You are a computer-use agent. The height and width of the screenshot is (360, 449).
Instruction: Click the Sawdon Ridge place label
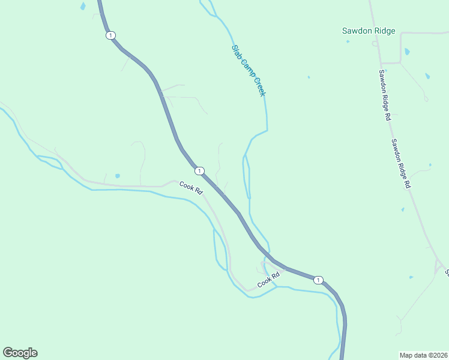pyautogui.click(x=369, y=31)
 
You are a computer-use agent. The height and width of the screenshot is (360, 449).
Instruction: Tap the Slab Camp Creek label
pyautogui.click(x=249, y=70)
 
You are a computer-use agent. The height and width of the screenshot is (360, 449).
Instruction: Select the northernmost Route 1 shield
pyautogui.click(x=110, y=35)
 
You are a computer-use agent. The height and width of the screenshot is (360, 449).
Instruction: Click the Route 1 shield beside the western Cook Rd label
pyautogui.click(x=199, y=170)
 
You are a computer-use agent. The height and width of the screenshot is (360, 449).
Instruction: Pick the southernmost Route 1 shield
pyautogui.click(x=318, y=280)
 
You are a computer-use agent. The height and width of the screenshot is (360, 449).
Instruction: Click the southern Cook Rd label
pyautogui.click(x=269, y=279)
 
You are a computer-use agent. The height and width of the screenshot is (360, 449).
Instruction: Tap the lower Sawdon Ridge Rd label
pyautogui.click(x=400, y=164)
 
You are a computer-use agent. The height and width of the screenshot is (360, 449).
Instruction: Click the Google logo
pyautogui.click(x=20, y=353)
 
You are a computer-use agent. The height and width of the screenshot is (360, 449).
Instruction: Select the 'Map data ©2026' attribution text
pyautogui.click(x=423, y=355)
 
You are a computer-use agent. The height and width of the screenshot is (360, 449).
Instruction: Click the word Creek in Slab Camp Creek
pyautogui.click(x=259, y=85)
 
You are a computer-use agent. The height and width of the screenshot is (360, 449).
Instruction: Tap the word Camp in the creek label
pyautogui.click(x=246, y=67)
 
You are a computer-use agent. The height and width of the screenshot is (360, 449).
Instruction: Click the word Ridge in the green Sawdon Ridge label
pyautogui.click(x=384, y=31)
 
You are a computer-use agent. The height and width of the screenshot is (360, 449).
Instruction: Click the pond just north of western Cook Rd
pyautogui.click(x=117, y=176)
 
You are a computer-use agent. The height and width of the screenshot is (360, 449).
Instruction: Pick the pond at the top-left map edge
pyautogui.click(x=82, y=6)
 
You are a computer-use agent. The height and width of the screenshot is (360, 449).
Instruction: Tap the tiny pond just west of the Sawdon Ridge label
pyautogui.click(x=309, y=77)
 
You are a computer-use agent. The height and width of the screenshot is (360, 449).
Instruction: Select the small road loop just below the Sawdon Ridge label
pyautogui.click(x=375, y=43)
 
